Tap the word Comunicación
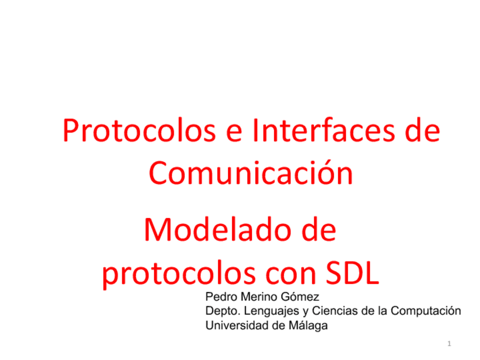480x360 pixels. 251,174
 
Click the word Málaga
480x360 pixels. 308,325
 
